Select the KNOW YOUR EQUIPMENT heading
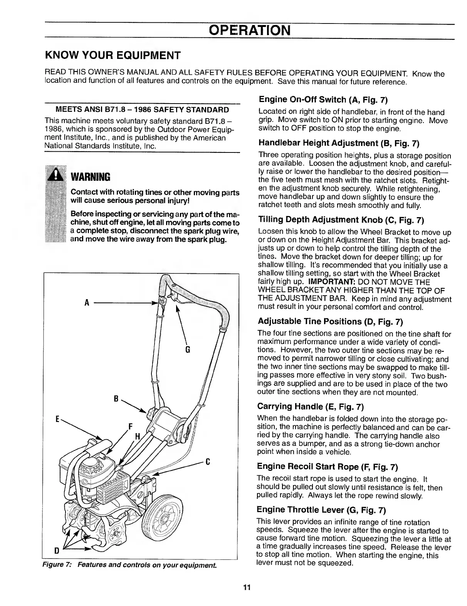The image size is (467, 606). click(113, 55)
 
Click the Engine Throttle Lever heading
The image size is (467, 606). click(321, 510)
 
